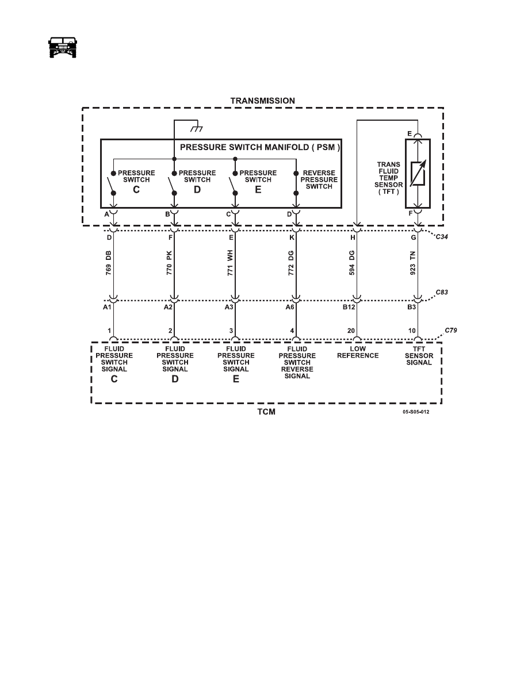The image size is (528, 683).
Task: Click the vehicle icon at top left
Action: [62, 47]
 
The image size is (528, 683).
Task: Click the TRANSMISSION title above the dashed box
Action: [263, 101]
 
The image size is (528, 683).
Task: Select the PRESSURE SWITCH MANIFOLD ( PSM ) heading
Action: [260, 147]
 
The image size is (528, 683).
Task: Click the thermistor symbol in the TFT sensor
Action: [418, 174]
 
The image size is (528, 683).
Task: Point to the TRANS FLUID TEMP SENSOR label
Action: [389, 178]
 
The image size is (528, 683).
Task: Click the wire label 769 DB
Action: [109, 263]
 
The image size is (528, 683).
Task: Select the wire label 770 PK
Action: [170, 263]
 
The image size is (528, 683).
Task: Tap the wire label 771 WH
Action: [231, 263]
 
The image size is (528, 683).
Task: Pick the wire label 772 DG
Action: [292, 263]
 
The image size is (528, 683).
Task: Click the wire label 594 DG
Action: [352, 263]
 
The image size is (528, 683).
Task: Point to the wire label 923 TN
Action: [413, 263]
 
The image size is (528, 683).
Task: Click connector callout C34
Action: [442, 237]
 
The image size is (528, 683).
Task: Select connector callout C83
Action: [442, 292]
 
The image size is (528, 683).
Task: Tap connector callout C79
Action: [451, 331]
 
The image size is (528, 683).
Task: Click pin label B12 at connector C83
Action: [349, 307]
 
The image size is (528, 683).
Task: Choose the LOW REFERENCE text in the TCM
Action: [358, 352]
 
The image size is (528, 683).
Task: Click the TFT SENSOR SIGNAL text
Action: [419, 355]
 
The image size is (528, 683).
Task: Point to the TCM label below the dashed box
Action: [266, 412]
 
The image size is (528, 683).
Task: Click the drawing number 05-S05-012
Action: [416, 412]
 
